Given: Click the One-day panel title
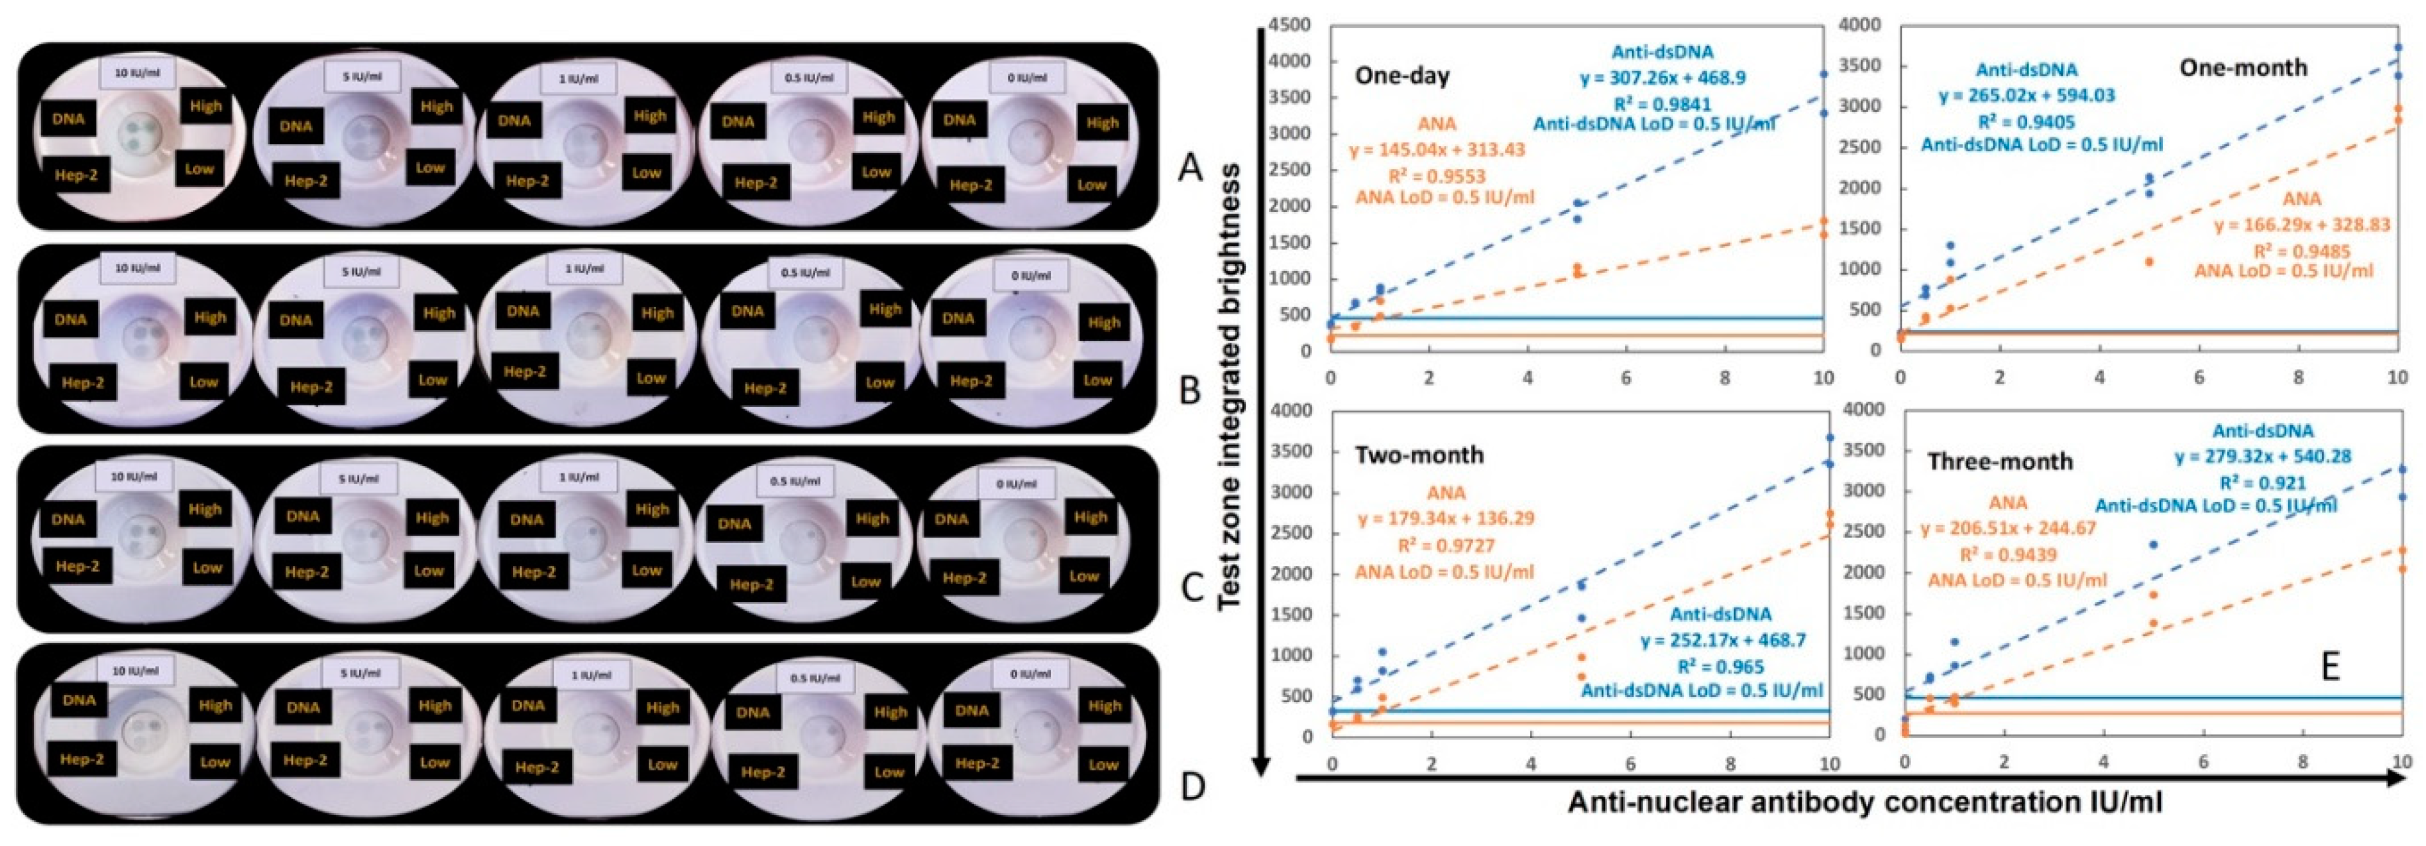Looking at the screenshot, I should pyautogui.click(x=1402, y=76).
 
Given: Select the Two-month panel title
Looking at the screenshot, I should pyautogui.click(x=1419, y=455).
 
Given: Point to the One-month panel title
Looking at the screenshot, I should pyautogui.click(x=2243, y=67).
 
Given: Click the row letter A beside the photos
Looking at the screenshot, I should pyautogui.click(x=1190, y=168).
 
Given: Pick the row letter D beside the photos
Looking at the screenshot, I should pyautogui.click(x=1192, y=785).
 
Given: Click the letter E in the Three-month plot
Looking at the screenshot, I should pyautogui.click(x=2330, y=666).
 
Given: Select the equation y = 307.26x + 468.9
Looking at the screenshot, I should pyautogui.click(x=1663, y=78).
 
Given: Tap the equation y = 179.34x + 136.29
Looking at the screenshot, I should pyautogui.click(x=1446, y=518).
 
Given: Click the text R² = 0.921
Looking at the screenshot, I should pyautogui.click(x=2262, y=483).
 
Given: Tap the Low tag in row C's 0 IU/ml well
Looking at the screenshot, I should pyautogui.click(x=1083, y=575).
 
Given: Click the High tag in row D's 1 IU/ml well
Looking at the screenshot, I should pyautogui.click(x=662, y=707).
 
